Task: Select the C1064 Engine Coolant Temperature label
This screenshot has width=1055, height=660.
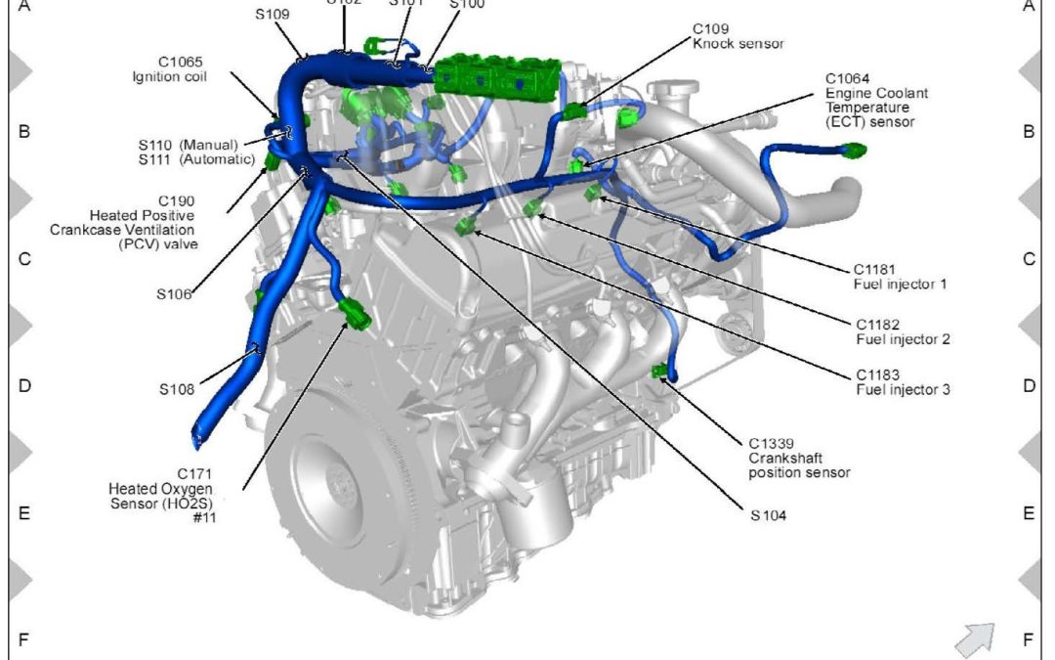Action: (876, 101)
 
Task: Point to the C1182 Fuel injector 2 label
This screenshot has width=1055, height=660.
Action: (904, 331)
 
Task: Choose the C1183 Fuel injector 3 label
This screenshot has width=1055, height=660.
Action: (904, 382)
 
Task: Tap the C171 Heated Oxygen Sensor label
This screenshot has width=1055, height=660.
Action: (161, 488)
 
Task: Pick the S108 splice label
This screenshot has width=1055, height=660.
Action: (177, 388)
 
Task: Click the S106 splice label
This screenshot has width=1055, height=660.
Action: (175, 293)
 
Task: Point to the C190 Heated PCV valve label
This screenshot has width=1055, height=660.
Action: (143, 222)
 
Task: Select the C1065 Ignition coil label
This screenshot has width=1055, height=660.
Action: (169, 68)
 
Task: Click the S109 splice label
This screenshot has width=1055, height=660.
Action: (273, 16)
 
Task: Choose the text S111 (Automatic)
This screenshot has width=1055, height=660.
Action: (198, 159)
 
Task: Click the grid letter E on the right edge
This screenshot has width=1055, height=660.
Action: (1028, 513)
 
